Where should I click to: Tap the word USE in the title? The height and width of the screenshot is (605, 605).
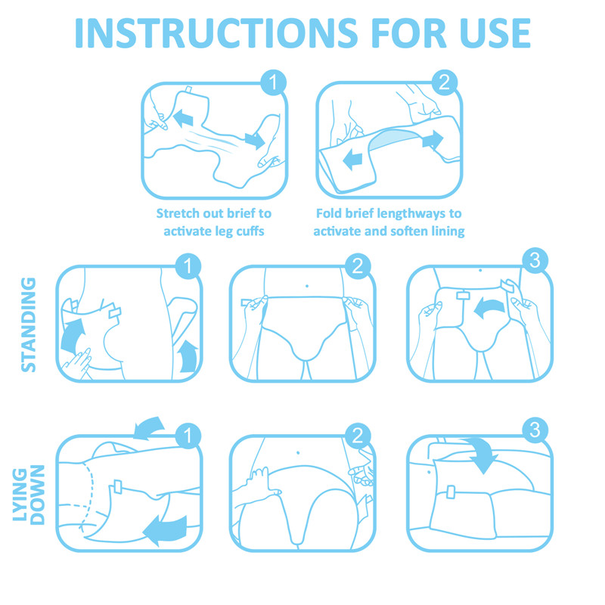point(486,33)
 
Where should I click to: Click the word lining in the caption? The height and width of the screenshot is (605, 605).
point(446,231)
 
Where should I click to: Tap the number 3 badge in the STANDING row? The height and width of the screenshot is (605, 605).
point(535,262)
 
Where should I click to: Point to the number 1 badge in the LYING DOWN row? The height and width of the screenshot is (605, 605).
point(187,435)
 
